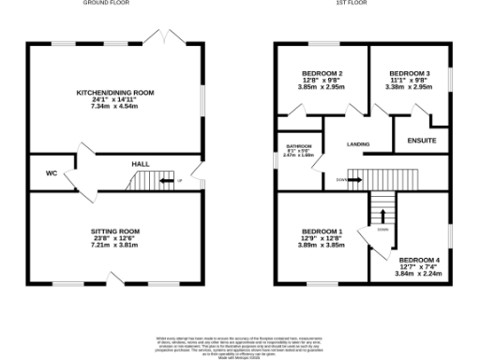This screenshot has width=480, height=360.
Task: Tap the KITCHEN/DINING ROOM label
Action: (115, 93)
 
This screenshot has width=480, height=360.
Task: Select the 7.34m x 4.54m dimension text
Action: (115, 106)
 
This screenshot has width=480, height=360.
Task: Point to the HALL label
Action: (140, 165)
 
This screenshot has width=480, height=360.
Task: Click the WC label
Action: (52, 173)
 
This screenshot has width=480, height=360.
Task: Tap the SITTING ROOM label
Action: (115, 231)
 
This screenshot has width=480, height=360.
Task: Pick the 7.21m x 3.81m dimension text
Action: (115, 244)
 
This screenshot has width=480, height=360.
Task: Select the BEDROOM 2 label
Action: (322, 73)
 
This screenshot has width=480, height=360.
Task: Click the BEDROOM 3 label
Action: (410, 73)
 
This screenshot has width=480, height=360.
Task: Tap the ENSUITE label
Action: (422, 141)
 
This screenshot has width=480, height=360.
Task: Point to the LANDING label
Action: (358, 144)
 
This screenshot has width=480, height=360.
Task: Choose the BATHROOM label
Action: (298, 147)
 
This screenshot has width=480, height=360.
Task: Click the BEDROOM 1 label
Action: (322, 232)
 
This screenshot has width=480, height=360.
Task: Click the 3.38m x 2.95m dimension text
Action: (410, 86)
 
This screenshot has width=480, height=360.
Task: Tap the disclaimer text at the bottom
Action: (240, 345)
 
